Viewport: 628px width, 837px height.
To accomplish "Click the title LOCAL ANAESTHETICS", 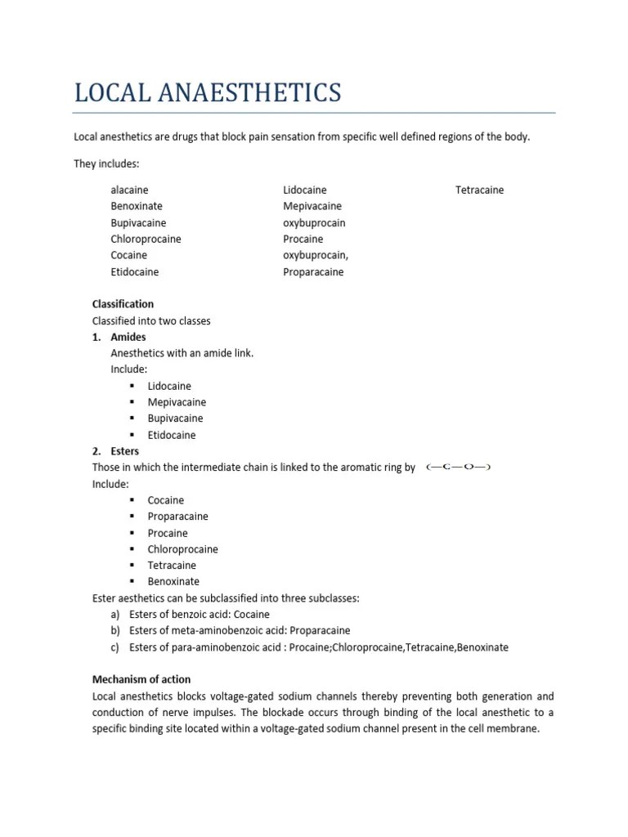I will (x=207, y=92).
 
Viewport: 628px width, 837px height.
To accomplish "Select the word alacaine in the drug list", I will (x=129, y=190).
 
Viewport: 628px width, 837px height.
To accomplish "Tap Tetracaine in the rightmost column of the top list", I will (x=479, y=190).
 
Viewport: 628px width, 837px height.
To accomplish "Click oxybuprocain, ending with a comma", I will (x=316, y=255).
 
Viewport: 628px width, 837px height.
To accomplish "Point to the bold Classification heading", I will (x=123, y=304).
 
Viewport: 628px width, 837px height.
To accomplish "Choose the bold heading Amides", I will (x=128, y=337).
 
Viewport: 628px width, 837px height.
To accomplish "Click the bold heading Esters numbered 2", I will (x=125, y=451).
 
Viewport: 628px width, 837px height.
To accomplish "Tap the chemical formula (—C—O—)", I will (x=458, y=468).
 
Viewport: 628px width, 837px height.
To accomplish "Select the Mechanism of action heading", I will (x=141, y=680).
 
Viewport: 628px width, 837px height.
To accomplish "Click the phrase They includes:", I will (x=106, y=163).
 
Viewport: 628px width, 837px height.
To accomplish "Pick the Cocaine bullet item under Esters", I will (x=166, y=500).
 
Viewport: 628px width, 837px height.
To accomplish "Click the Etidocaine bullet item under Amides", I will (x=172, y=435).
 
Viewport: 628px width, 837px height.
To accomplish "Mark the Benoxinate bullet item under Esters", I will (x=173, y=582).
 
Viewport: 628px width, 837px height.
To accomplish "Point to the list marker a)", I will (x=116, y=615).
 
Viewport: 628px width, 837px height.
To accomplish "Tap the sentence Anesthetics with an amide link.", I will (x=182, y=353).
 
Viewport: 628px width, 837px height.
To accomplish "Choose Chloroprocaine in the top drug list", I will (x=146, y=239).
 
